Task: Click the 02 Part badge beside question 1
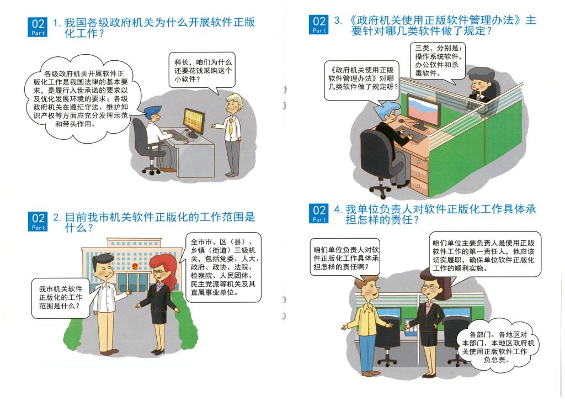tap(38, 27)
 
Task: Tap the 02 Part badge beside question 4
tap(319, 213)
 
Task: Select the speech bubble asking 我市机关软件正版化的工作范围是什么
tap(60, 298)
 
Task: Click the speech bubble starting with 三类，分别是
tap(438, 61)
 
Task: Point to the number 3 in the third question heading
tap(338, 20)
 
